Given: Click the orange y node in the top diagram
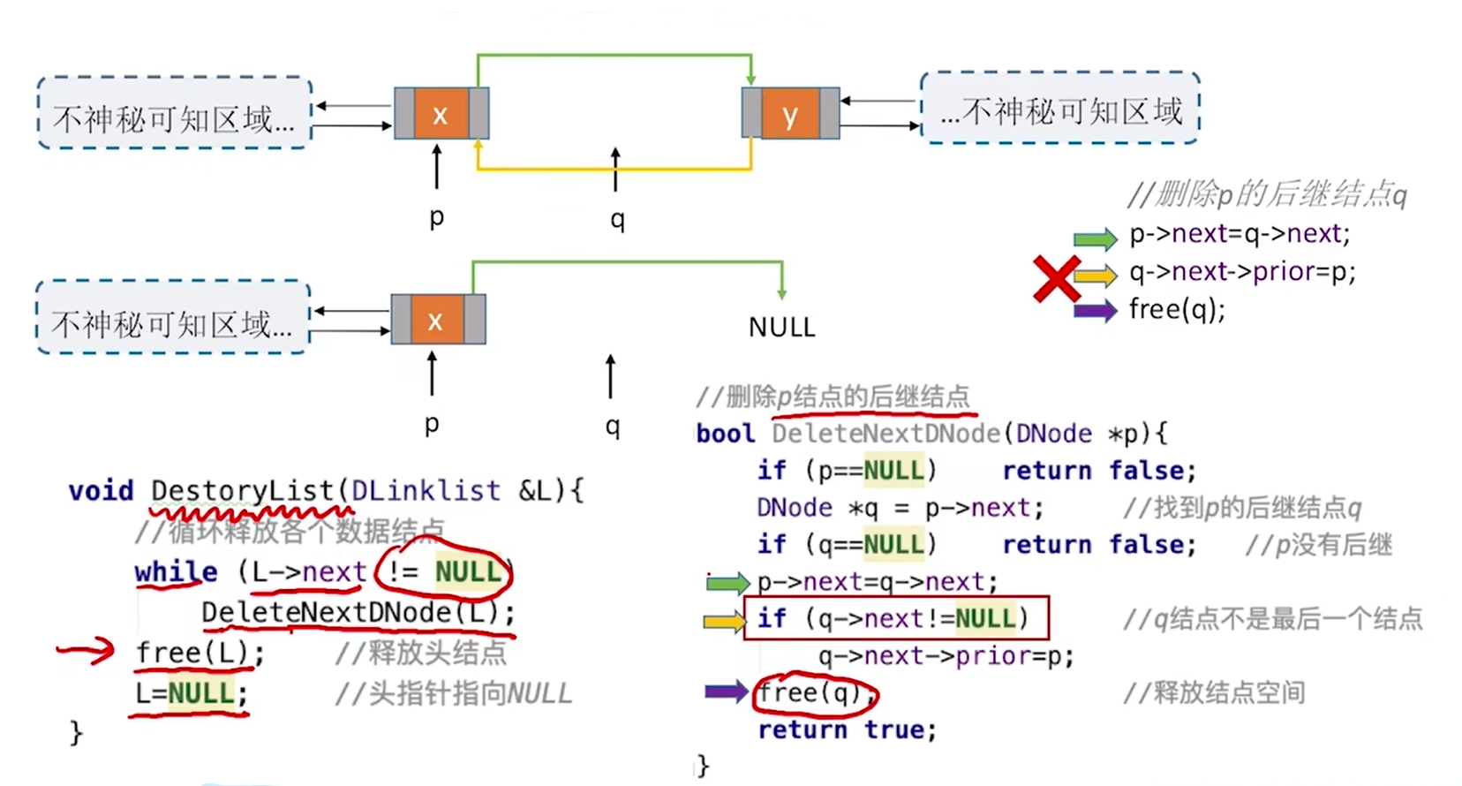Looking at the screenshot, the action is tap(790, 114).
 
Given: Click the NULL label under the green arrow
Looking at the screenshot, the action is tap(782, 327).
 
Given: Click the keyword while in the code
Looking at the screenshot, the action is tap(176, 572).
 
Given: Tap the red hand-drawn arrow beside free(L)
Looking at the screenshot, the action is tap(86, 650).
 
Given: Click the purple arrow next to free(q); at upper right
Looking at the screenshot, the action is tap(1096, 310).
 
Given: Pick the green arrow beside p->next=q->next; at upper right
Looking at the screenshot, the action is tap(1096, 238).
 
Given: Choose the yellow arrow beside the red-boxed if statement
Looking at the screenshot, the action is tap(725, 621).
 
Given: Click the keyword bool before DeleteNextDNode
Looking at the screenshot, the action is tap(725, 434).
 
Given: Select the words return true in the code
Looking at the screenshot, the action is tap(847, 729).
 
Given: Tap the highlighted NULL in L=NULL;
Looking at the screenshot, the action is tap(201, 693).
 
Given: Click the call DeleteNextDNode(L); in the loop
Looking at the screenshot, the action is tap(358, 612).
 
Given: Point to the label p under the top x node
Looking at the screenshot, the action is tap(437, 216).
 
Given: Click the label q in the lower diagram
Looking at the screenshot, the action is tap(612, 427).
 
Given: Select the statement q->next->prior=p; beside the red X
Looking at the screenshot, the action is tap(1243, 272).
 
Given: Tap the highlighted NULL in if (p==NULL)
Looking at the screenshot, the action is tap(893, 470).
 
